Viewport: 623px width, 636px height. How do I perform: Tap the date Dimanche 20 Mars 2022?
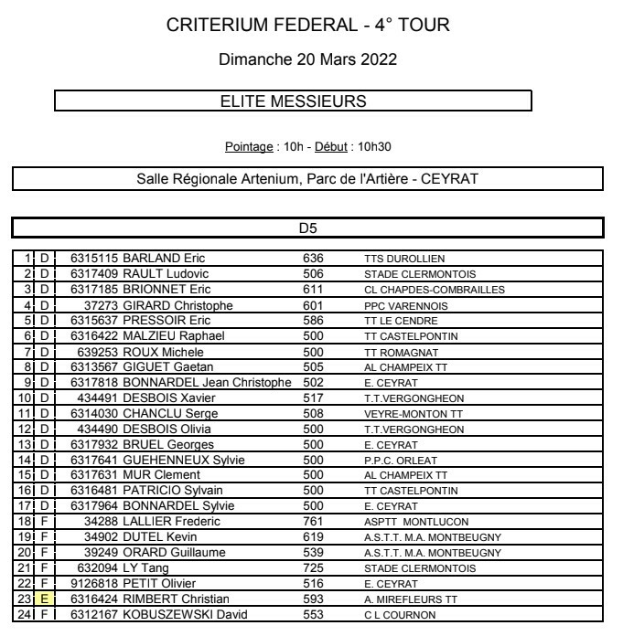click(x=308, y=60)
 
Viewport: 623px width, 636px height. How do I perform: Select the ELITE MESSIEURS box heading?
click(x=293, y=101)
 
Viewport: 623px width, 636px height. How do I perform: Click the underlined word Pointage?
click(x=249, y=146)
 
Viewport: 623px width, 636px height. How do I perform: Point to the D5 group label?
click(x=307, y=228)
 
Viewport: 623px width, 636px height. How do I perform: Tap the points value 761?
click(x=314, y=521)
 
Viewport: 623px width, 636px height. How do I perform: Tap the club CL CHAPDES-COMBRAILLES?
click(x=434, y=290)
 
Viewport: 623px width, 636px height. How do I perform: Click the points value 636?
click(x=314, y=258)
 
